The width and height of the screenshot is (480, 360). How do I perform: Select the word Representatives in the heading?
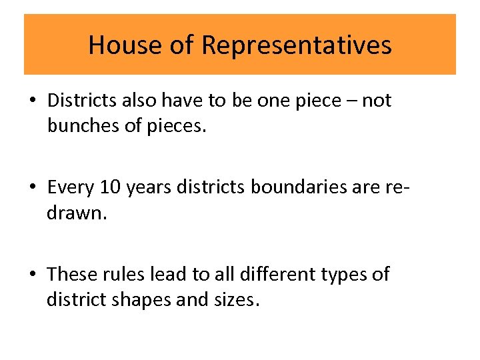click(x=296, y=45)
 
